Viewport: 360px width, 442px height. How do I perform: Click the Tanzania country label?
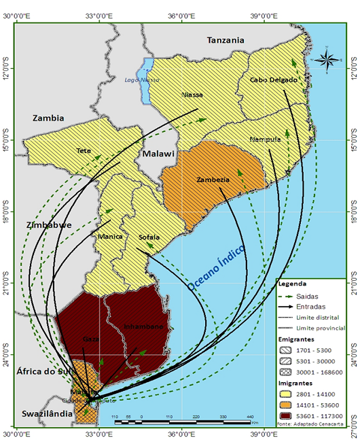pyautogui.click(x=225, y=40)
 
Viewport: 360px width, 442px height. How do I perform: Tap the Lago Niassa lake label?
pyautogui.click(x=138, y=80)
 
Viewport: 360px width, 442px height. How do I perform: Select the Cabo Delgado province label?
pyautogui.click(x=274, y=80)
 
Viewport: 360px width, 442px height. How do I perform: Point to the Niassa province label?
pyautogui.click(x=192, y=95)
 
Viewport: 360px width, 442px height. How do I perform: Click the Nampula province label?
pyautogui.click(x=265, y=139)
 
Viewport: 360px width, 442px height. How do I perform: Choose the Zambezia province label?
pyautogui.click(x=212, y=180)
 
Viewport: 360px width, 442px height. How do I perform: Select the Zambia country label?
pyautogui.click(x=48, y=118)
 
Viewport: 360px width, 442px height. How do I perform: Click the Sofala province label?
pyautogui.click(x=149, y=237)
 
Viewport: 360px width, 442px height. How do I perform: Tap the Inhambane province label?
pyautogui.click(x=143, y=327)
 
